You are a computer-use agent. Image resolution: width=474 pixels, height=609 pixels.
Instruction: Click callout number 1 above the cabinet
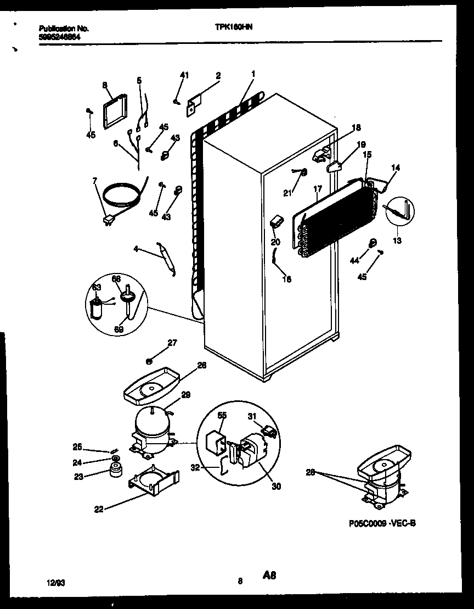[253, 74]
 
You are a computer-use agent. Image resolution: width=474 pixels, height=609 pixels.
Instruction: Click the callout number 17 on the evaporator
[317, 189]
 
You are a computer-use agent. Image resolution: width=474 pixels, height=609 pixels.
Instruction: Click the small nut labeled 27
[149, 361]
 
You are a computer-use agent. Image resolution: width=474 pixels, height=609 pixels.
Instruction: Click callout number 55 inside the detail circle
[221, 416]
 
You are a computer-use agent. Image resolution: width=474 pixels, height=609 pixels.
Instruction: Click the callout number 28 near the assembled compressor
[310, 471]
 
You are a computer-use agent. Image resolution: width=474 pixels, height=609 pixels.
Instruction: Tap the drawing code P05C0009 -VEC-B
[382, 523]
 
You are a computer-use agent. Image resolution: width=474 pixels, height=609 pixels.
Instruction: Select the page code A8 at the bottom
[269, 576]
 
